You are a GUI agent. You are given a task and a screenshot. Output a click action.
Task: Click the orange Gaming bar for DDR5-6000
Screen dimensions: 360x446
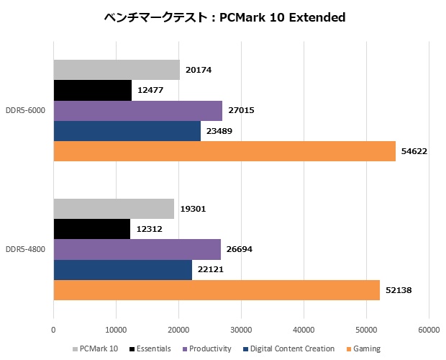[x=224, y=151]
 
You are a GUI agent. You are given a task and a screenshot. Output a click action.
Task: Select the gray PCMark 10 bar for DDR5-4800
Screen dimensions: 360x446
[x=114, y=209]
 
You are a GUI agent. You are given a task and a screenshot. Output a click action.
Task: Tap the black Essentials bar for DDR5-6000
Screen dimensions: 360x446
[x=92, y=91]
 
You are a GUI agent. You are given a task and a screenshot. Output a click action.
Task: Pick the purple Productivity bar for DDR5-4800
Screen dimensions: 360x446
[x=137, y=249]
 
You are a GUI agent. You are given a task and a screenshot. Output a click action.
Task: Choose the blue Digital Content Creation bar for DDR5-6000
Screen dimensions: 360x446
[x=127, y=131]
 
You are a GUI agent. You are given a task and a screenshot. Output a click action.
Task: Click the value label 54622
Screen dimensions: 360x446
[x=414, y=151]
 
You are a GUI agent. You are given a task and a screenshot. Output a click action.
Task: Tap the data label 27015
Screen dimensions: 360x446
[x=240, y=111]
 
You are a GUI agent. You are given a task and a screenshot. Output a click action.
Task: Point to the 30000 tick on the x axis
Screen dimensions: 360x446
[x=241, y=330]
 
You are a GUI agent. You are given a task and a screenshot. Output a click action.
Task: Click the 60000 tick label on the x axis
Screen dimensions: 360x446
[x=429, y=330]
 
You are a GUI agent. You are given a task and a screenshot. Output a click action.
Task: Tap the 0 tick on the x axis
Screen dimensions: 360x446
[x=54, y=330]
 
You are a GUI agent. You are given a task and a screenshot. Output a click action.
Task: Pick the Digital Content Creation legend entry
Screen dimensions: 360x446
[x=291, y=349]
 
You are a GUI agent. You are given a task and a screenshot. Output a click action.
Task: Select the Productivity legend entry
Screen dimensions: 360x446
[x=211, y=349]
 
